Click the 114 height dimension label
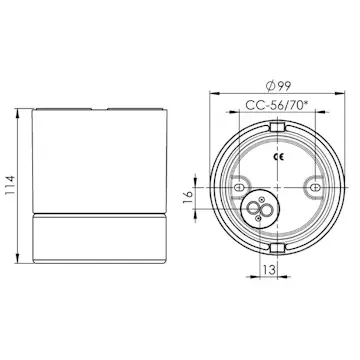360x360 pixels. pyautogui.click(x=10, y=185)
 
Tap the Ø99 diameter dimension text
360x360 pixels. pyautogui.click(x=278, y=86)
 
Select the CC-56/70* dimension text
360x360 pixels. pyautogui.click(x=276, y=105)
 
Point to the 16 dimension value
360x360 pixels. pyautogui.click(x=188, y=198)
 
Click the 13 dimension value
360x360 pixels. pyautogui.click(x=269, y=270)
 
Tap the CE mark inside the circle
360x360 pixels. pyautogui.click(x=278, y=157)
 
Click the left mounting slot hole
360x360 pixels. pyautogui.click(x=239, y=188)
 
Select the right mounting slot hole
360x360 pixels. pyautogui.click(x=315, y=188)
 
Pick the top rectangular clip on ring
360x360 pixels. pyautogui.click(x=277, y=127)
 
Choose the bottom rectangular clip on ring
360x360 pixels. pyautogui.click(x=277, y=248)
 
